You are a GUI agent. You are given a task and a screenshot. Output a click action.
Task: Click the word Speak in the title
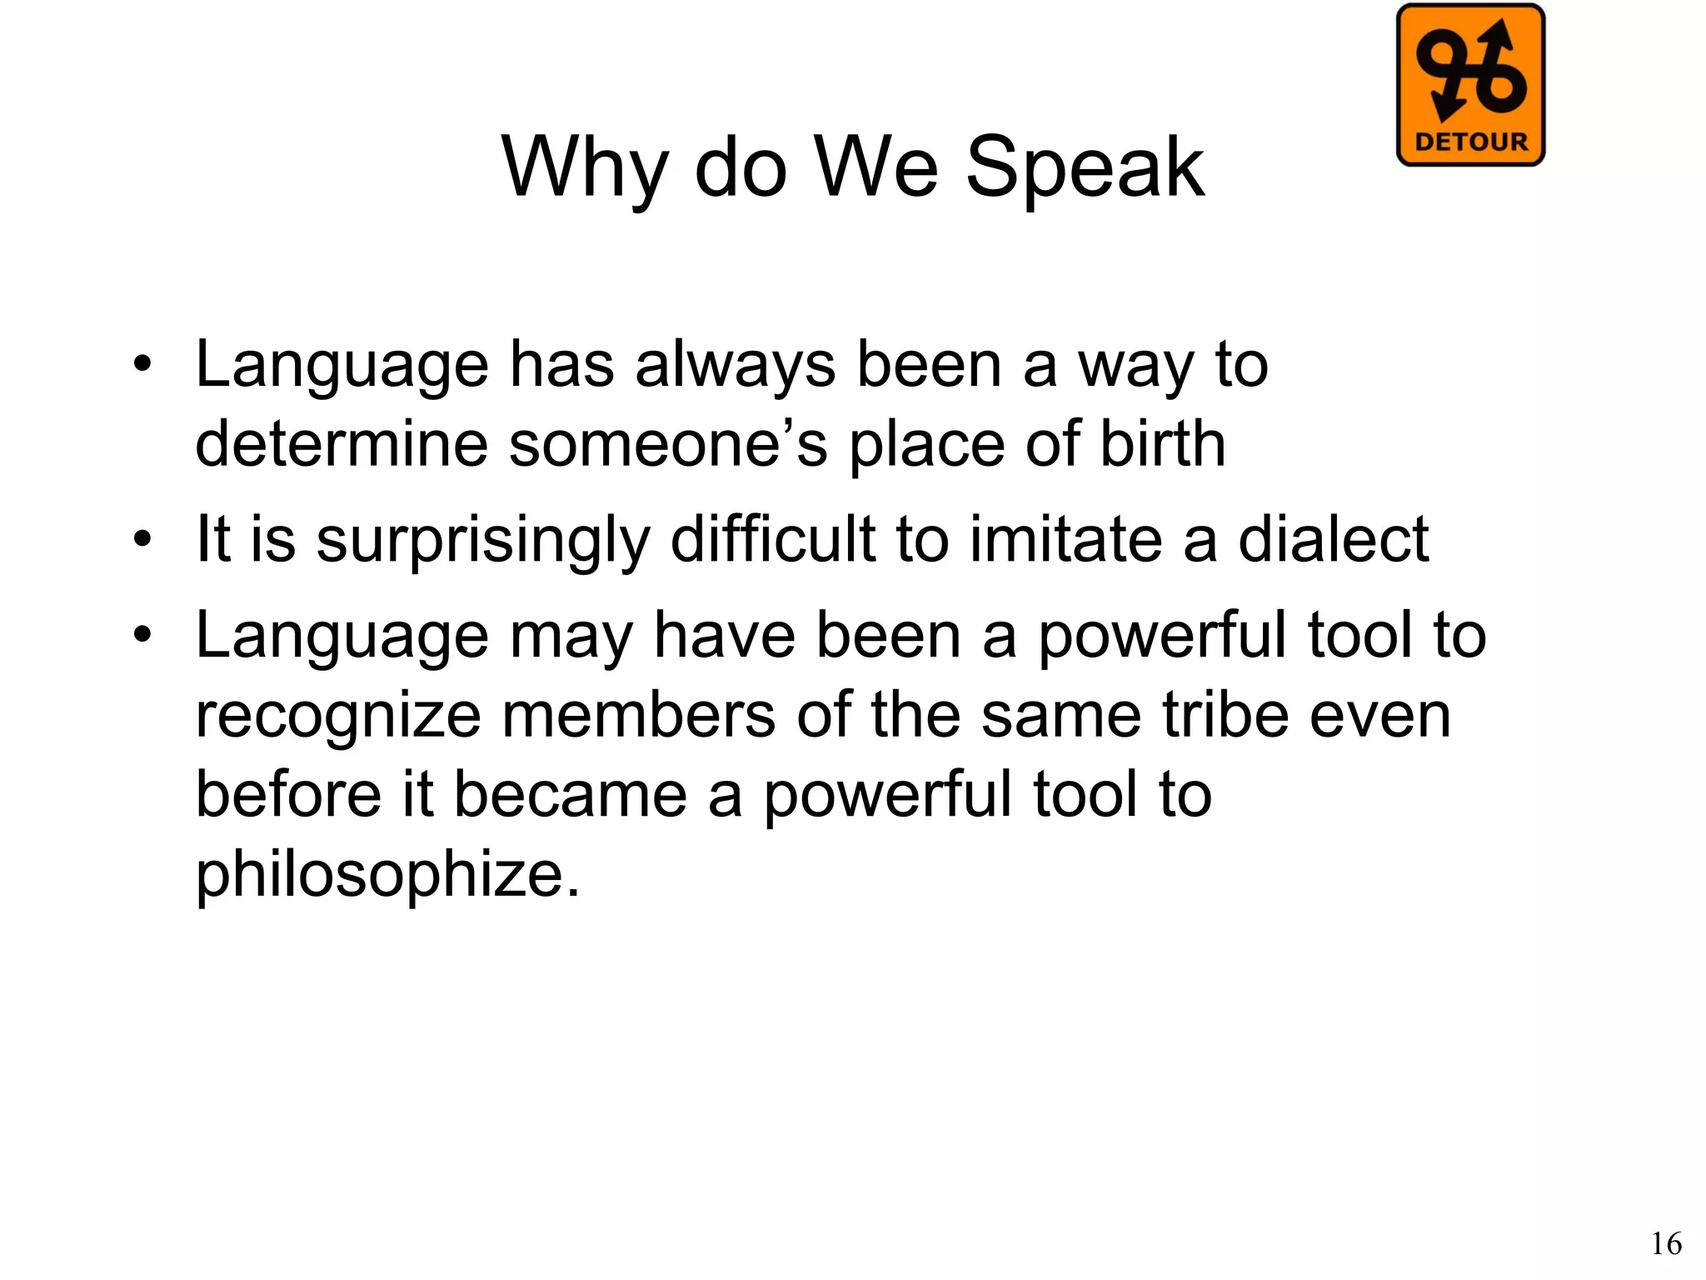(1085, 168)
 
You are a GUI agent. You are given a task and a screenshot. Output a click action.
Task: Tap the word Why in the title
(584, 168)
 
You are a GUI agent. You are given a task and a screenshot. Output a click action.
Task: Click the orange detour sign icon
(1470, 85)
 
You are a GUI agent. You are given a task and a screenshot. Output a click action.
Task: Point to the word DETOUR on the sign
(1471, 142)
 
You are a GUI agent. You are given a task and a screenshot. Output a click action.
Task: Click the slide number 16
(1666, 1244)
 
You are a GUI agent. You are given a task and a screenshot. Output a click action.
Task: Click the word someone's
(669, 443)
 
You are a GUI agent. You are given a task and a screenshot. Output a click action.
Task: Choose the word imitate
(1065, 539)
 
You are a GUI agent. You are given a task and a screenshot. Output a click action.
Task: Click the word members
(638, 715)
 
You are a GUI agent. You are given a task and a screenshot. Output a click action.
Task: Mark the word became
(571, 794)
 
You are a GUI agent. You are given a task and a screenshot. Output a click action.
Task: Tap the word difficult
(772, 539)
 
